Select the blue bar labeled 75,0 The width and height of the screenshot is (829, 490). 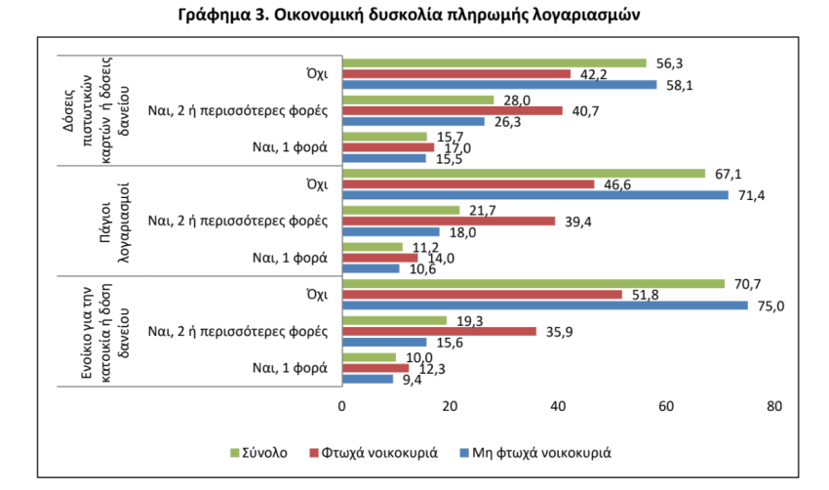click(544, 306)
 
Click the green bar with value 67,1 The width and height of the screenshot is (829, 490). click(523, 174)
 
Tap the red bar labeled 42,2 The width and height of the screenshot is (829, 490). click(456, 74)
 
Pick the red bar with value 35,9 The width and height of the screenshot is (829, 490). click(439, 332)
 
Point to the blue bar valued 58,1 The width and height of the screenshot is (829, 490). click(499, 85)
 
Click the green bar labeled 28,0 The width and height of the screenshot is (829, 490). click(417, 100)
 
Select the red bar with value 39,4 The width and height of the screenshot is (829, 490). click(449, 222)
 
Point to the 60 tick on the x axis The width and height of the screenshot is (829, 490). click(667, 404)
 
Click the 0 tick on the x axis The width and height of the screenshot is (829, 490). click(342, 404)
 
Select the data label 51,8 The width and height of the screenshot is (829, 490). click(640, 295)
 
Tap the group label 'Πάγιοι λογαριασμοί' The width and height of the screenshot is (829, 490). click(116, 222)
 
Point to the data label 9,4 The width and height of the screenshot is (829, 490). click(412, 382)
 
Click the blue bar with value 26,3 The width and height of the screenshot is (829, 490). click(414, 122)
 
